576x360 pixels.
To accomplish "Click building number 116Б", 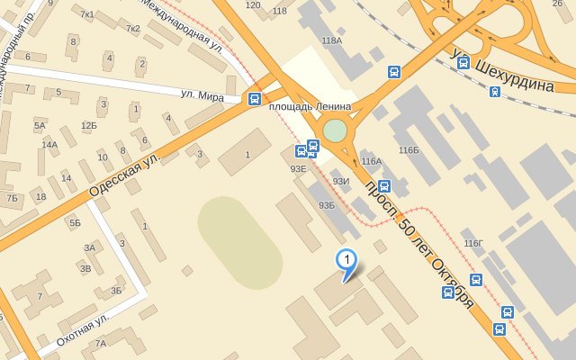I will [x=409, y=148].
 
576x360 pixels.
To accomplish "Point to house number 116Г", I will [x=472, y=243].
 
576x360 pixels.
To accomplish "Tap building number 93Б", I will [x=326, y=205].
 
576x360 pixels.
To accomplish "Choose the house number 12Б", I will [x=88, y=126].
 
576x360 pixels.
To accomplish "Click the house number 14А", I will [x=49, y=144].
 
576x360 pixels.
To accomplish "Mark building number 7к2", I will [x=133, y=29].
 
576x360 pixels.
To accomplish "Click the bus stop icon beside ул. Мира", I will [x=255, y=99].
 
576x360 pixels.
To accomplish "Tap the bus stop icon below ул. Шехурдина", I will [x=495, y=91].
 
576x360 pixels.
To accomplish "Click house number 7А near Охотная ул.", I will [x=100, y=343].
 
